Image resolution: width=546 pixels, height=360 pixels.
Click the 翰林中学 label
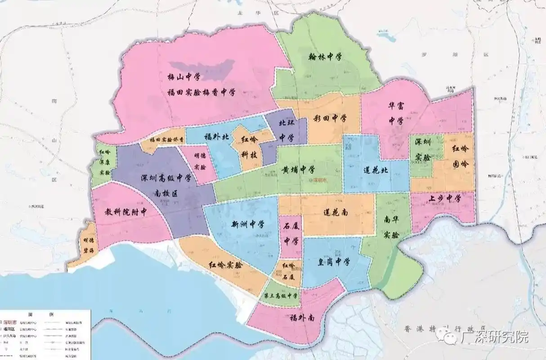(x=325, y=57)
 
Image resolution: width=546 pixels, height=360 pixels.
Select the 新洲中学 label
(x=248, y=224)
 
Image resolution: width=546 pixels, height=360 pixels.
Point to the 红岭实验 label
(x=225, y=265)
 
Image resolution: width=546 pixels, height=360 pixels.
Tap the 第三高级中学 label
(x=280, y=296)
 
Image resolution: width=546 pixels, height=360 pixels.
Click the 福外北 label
(x=216, y=137)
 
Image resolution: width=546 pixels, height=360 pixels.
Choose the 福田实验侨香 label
(x=164, y=140)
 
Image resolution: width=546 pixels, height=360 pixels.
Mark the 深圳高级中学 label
(x=166, y=178)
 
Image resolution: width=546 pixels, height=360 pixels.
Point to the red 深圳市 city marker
(x=321, y=180)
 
